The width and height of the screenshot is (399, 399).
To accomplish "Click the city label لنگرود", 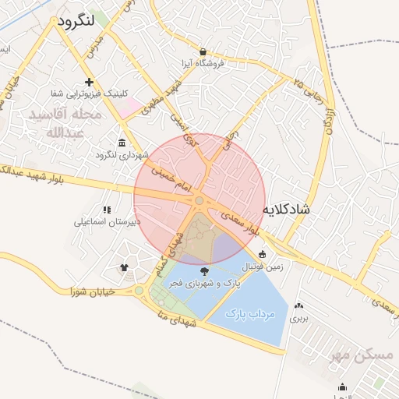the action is pos(76,21).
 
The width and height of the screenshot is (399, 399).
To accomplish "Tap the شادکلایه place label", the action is pos(288,210).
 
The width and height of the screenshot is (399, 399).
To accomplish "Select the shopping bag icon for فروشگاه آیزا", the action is pos(203,50).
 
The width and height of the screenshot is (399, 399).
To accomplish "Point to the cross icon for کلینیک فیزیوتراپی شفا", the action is pos(90,82).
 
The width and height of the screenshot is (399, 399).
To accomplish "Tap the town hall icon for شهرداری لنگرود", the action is pos(122,142).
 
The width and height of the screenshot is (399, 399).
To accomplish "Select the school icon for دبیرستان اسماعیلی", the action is pos(107,210).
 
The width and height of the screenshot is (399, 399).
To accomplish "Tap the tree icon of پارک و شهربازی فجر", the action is pos(204,271).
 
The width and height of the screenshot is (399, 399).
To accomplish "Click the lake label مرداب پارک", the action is pos(251,313).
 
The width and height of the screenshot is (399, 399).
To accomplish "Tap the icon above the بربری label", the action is pos(300,305).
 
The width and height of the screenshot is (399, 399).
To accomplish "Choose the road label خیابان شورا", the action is pos(93,291).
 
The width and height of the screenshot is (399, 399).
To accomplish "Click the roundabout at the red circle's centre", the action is pos(199,201).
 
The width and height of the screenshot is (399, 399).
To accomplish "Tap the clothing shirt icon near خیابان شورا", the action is pos(124,267).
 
